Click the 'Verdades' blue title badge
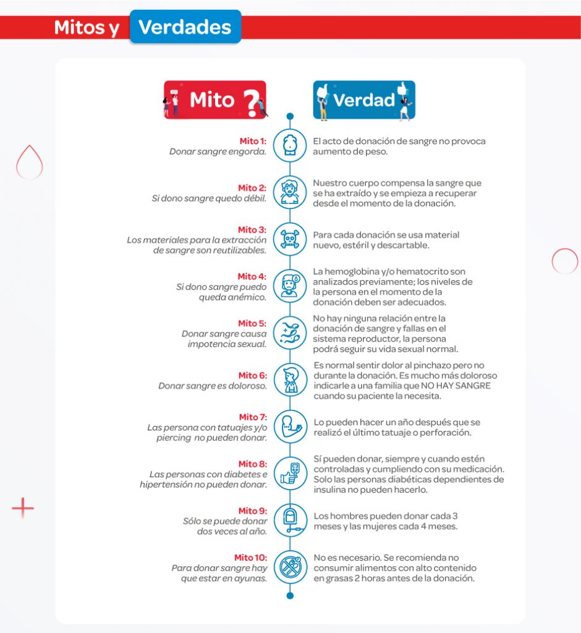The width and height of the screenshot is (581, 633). point(185,27)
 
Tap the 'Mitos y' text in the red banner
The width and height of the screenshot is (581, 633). point(87,28)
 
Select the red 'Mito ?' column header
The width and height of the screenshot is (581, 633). point(214,100)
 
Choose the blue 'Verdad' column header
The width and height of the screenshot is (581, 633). point(364,100)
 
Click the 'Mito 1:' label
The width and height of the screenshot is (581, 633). point(253,141)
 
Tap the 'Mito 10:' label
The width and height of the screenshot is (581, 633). point(250,558)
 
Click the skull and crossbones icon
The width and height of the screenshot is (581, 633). point(290,239)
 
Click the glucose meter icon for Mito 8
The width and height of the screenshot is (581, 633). point(290,474)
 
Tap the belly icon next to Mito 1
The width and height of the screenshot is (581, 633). point(290,145)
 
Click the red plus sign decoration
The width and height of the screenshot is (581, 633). point(23,508)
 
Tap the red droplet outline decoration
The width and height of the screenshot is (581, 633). point(29,163)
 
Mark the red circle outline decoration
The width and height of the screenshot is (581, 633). point(564,261)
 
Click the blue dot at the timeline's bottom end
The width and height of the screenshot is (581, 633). point(290,596)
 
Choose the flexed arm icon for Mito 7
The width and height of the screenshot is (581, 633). point(290,427)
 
